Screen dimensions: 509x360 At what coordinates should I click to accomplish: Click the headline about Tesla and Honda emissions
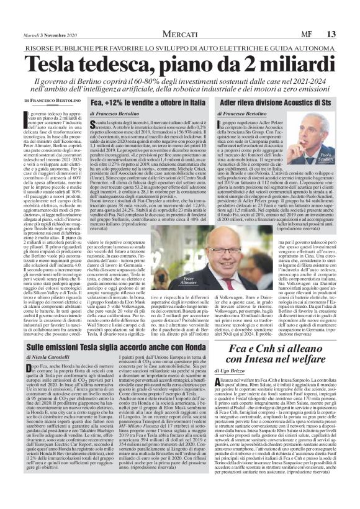click(125, 349)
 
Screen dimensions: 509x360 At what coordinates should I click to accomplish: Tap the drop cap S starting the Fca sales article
click(94, 126)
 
